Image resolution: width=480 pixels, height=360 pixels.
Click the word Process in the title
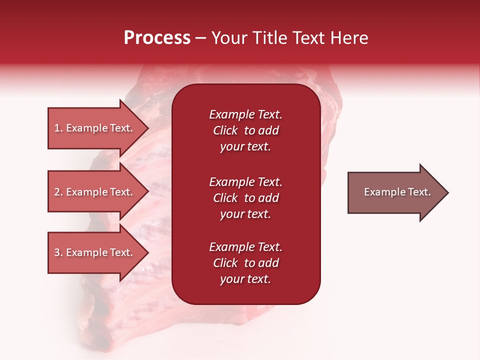point(157,38)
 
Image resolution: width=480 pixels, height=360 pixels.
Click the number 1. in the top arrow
point(58,128)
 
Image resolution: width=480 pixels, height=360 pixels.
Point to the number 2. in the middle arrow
point(58,192)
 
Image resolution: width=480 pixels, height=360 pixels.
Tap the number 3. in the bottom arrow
point(58,252)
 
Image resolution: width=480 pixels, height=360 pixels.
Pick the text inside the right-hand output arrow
point(397,192)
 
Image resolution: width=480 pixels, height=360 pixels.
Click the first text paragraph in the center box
point(245,130)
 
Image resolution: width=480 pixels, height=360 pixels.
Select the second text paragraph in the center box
point(245,198)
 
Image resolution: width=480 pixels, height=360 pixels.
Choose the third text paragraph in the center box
point(245,263)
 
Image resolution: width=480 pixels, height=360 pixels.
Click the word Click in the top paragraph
point(225,130)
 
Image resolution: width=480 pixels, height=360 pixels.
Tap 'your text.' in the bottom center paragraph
point(245,279)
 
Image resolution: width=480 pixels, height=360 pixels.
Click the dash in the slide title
point(200,38)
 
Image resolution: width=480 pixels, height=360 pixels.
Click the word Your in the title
point(229,38)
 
